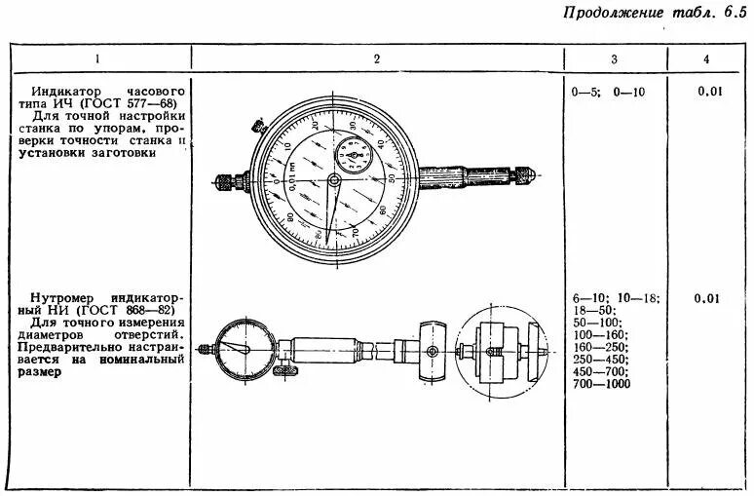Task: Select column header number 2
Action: tap(376, 59)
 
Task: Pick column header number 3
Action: tap(614, 59)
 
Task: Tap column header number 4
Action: tap(706, 59)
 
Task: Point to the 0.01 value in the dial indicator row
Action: tap(709, 92)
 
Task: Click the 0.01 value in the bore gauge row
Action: tap(708, 298)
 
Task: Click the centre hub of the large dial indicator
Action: tap(334, 181)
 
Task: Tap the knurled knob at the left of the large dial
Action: tap(226, 181)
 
